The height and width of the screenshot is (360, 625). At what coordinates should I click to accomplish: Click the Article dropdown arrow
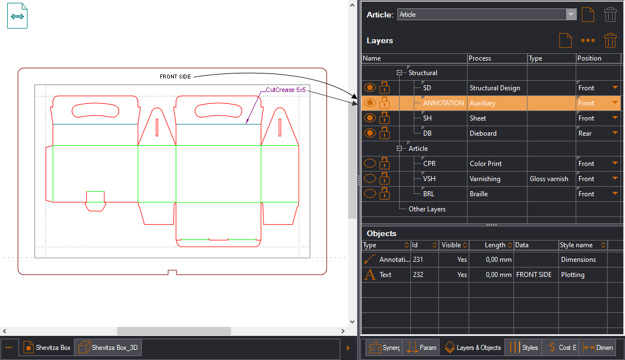pos(571,15)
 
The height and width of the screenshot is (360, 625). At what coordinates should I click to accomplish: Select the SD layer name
pos(427,88)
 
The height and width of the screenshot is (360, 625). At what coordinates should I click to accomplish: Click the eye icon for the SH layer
pos(369,118)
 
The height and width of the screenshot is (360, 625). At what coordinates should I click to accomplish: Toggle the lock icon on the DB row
pos(385,133)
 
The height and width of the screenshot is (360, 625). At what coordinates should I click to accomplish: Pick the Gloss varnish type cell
pos(549,179)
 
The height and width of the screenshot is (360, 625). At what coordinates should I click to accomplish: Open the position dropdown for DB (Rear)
pos(615,133)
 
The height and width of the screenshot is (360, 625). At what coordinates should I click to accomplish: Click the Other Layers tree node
pos(427,209)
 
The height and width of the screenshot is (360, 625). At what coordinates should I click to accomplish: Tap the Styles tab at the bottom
pos(524,348)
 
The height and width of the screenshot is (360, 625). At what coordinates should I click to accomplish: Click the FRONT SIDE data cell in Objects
pos(534,275)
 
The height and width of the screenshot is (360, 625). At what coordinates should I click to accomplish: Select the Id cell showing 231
pos(418,260)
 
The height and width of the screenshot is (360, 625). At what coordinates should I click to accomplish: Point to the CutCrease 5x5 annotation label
pos(286,89)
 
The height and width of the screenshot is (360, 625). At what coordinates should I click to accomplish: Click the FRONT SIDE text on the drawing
pos(175,76)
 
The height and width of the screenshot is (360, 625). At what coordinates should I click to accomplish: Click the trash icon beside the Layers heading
pos(610,41)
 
